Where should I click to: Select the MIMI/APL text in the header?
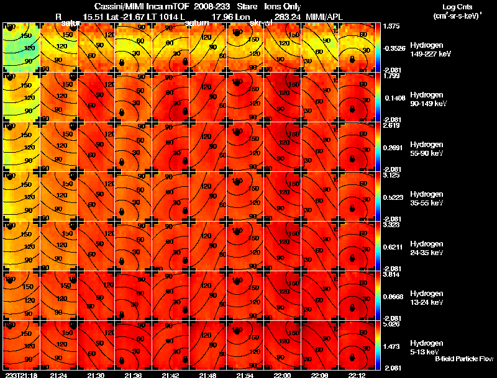click(322, 17)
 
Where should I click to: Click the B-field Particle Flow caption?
click(464, 359)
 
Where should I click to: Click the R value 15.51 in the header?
click(101, 17)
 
